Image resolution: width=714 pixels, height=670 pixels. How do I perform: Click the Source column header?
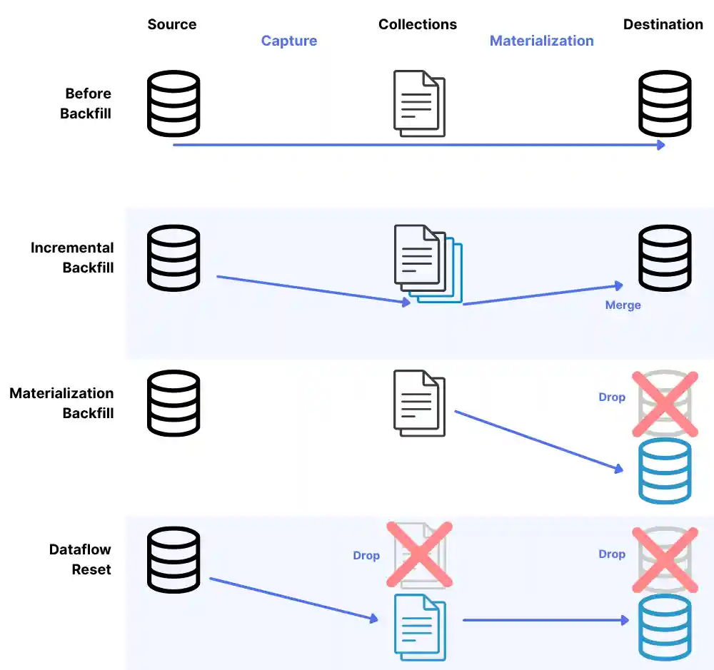[171, 24]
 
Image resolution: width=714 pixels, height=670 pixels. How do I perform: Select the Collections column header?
[418, 24]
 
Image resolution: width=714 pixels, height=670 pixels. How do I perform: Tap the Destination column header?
[663, 24]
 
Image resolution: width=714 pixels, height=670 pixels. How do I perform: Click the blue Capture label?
[289, 41]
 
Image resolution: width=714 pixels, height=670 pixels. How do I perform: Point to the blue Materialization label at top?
[541, 41]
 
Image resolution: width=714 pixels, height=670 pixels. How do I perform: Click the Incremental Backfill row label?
[73, 258]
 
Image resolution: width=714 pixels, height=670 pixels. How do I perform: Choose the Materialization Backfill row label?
[62, 403]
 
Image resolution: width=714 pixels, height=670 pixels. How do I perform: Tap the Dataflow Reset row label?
[81, 559]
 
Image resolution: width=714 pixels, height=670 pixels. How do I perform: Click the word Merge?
[623, 305]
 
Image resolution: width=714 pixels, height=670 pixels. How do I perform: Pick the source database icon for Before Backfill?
[174, 103]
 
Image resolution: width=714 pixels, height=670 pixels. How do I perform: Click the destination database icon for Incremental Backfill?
[665, 258]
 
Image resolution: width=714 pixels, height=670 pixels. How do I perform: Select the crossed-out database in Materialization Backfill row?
[665, 403]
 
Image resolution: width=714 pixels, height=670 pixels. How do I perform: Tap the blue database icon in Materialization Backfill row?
[665, 471]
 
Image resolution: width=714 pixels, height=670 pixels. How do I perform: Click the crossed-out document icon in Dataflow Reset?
[419, 555]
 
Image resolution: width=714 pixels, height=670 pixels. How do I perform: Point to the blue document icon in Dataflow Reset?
[420, 626]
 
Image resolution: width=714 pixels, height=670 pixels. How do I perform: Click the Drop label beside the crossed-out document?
[366, 555]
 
